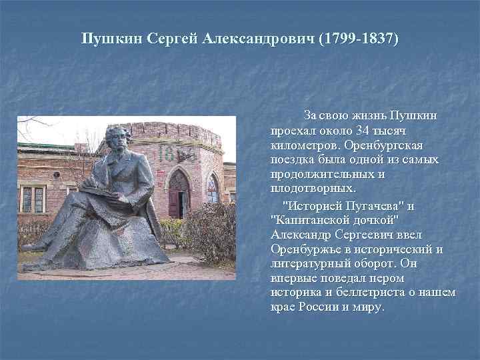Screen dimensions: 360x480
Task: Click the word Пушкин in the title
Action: click(x=109, y=38)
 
